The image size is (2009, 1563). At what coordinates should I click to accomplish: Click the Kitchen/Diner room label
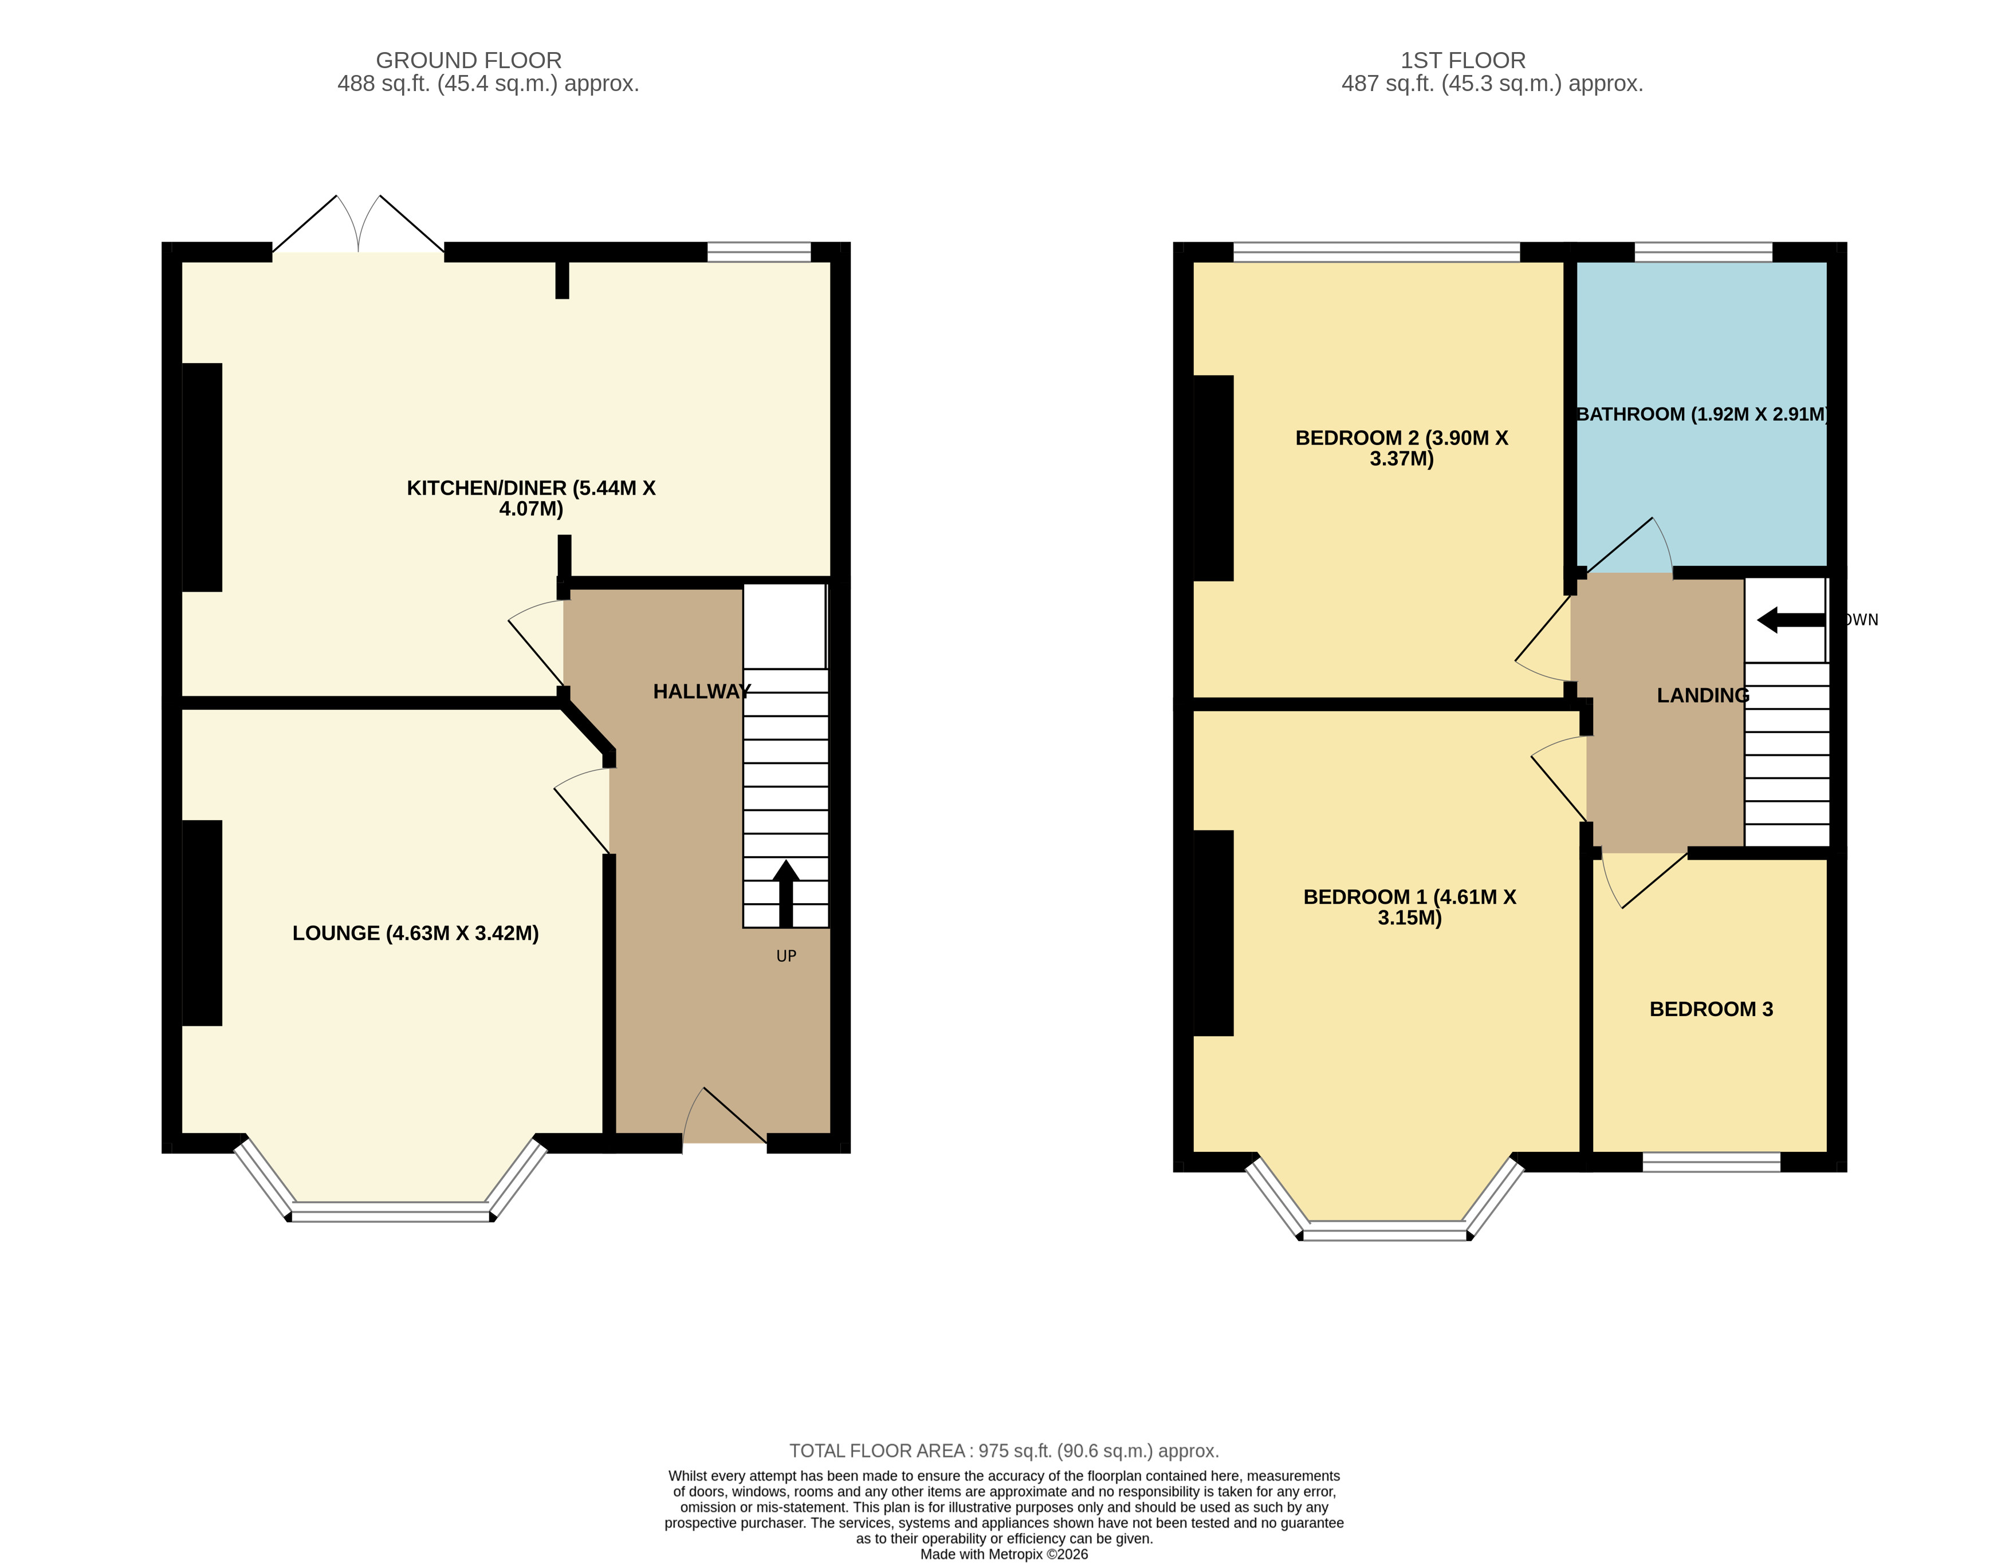(x=531, y=498)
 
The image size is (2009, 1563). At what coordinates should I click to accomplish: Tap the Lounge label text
(x=415, y=933)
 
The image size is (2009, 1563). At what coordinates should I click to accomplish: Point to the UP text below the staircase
(x=785, y=956)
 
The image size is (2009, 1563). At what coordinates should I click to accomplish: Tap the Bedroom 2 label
(x=1401, y=448)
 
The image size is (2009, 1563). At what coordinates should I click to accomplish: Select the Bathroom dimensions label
(x=1702, y=414)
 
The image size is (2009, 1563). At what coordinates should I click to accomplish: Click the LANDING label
(x=1703, y=695)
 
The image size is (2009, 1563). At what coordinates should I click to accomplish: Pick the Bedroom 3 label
(x=1711, y=1009)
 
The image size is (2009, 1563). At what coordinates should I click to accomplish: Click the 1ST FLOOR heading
(x=1462, y=61)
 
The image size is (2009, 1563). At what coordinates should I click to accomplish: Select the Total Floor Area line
(x=1004, y=1451)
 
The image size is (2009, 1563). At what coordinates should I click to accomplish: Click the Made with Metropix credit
(x=1004, y=1554)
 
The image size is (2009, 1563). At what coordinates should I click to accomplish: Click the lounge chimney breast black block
(x=202, y=923)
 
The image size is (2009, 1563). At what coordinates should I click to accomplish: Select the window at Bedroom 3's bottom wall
(x=1711, y=1162)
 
